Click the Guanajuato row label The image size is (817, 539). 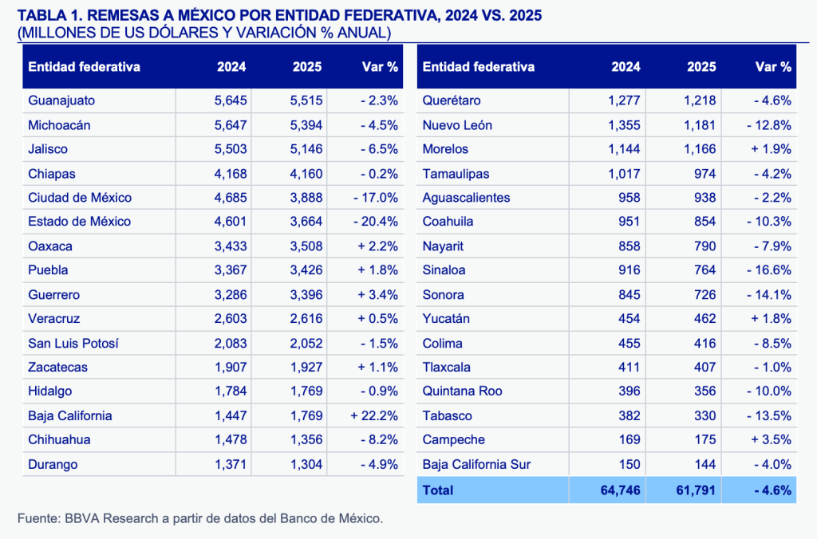(61, 100)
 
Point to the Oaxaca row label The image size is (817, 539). (49, 246)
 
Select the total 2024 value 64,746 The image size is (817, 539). (619, 490)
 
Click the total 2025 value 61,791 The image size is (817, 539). (695, 490)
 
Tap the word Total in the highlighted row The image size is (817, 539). (438, 490)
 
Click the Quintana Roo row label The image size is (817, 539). (460, 391)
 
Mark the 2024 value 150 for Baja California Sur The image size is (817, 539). (630, 464)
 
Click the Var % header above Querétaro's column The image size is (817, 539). (773, 67)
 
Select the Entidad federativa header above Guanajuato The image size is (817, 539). (84, 67)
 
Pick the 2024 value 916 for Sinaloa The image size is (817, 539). (630, 270)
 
